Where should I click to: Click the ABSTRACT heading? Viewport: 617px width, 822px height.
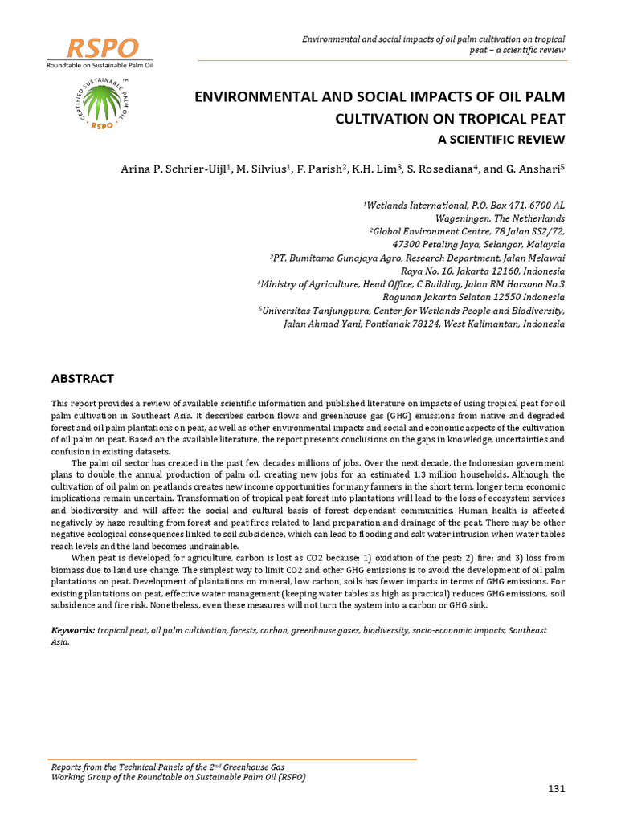tap(83, 378)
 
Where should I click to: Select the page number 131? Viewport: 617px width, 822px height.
tap(557, 789)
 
